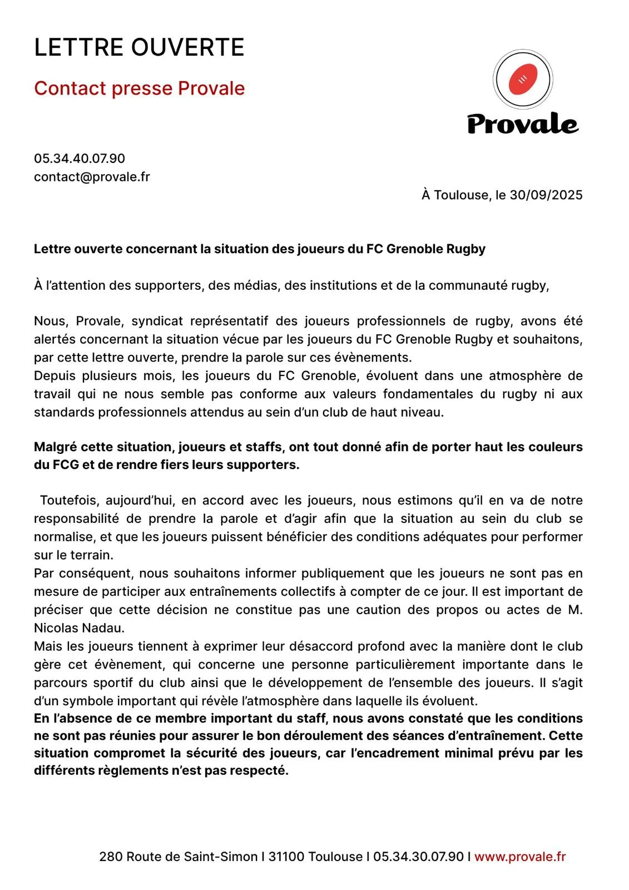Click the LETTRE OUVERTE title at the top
pyautogui.click(x=139, y=48)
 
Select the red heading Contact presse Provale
pyautogui.click(x=139, y=88)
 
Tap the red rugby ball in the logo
pyautogui.click(x=523, y=80)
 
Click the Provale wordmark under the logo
pyautogui.click(x=522, y=123)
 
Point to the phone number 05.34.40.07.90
pyautogui.click(x=80, y=159)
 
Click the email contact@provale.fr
pyautogui.click(x=92, y=177)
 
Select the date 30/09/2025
pyautogui.click(x=546, y=195)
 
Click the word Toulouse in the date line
pyautogui.click(x=462, y=195)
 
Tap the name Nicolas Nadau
pyautogui.click(x=79, y=628)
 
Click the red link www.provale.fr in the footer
pyautogui.click(x=520, y=857)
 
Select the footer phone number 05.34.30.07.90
pyautogui.click(x=418, y=857)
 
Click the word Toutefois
pyautogui.click(x=69, y=501)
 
